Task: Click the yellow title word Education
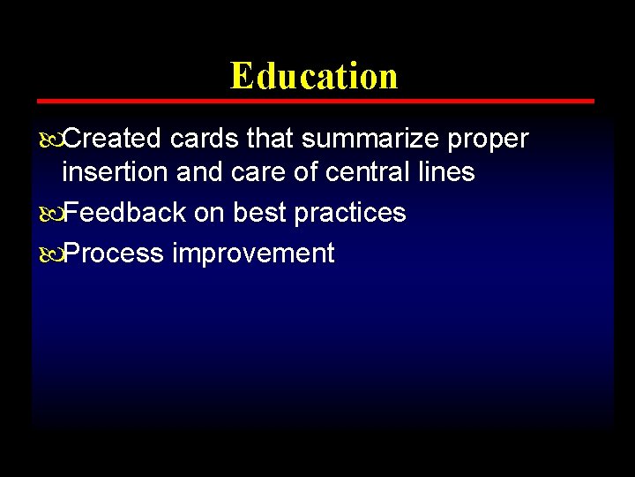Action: click(314, 76)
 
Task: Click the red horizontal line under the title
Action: click(314, 102)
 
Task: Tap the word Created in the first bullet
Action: click(113, 139)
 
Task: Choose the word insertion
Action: click(116, 172)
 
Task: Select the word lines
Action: click(447, 172)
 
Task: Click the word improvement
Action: click(253, 254)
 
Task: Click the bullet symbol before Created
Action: click(49, 140)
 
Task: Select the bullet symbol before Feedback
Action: click(49, 214)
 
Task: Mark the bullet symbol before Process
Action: click(49, 254)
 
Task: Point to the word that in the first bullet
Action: click(270, 139)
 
